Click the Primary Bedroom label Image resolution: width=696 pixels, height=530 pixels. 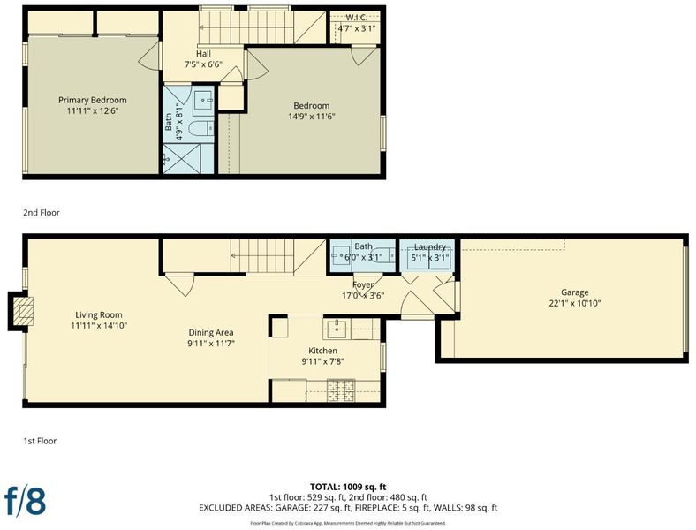click(x=93, y=100)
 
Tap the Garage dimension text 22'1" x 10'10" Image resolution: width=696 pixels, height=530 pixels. click(x=574, y=303)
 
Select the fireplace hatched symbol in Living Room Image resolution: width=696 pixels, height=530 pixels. click(x=23, y=311)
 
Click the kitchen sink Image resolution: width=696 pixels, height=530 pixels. click(x=337, y=329)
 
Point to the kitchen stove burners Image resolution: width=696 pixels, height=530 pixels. click(x=341, y=390)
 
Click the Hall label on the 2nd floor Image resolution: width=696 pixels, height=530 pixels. click(x=203, y=54)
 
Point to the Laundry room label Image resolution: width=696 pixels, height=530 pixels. click(x=429, y=246)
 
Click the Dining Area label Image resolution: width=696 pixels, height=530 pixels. click(x=211, y=332)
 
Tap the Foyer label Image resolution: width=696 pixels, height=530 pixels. click(x=363, y=284)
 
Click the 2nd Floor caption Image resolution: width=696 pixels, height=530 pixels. click(x=42, y=213)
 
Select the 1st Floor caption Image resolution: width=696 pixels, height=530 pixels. click(x=40, y=441)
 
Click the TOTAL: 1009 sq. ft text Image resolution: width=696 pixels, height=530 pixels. click(x=348, y=487)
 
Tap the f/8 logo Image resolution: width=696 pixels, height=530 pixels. click(x=25, y=502)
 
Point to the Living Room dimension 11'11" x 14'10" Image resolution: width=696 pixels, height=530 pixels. click(x=99, y=325)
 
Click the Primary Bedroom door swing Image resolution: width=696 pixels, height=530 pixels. click(x=149, y=57)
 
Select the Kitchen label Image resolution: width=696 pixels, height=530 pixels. click(x=323, y=351)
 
